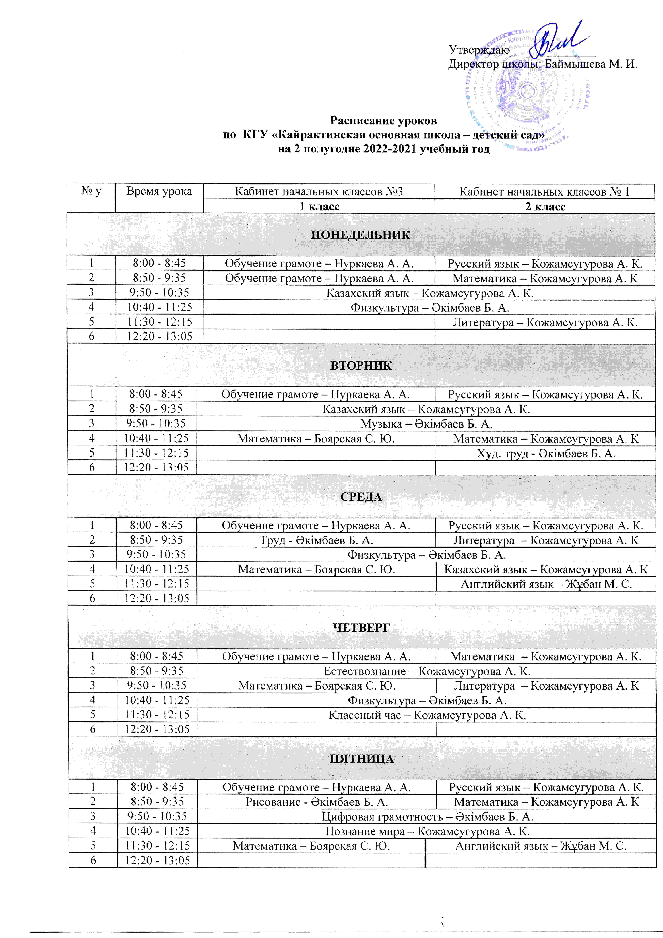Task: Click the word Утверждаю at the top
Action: click(479, 50)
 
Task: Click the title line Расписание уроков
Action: click(383, 121)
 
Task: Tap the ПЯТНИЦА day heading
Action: click(362, 759)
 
